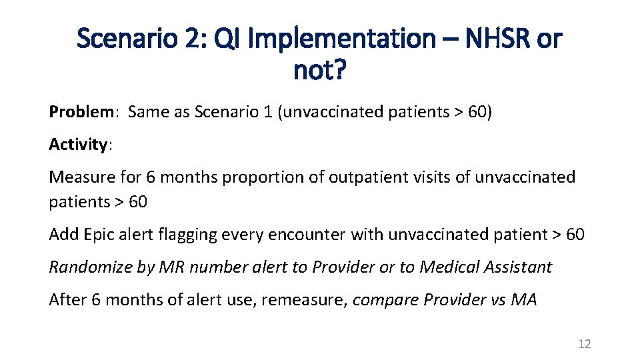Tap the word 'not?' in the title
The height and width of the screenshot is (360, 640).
pos(319,69)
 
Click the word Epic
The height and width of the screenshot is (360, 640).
pos(99,234)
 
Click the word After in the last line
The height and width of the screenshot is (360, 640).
pos(68,299)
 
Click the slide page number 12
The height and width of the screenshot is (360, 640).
pos(585,344)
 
